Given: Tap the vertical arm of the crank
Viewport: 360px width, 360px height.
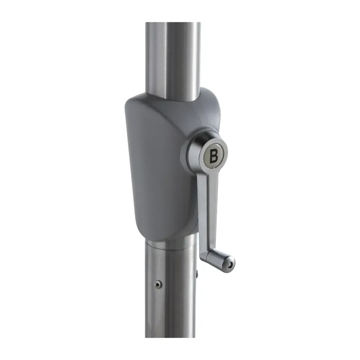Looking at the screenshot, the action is point(207,209).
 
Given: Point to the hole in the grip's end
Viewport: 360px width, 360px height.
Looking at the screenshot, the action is point(229,265).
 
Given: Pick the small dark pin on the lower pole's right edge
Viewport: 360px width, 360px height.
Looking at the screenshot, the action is point(197,273).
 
